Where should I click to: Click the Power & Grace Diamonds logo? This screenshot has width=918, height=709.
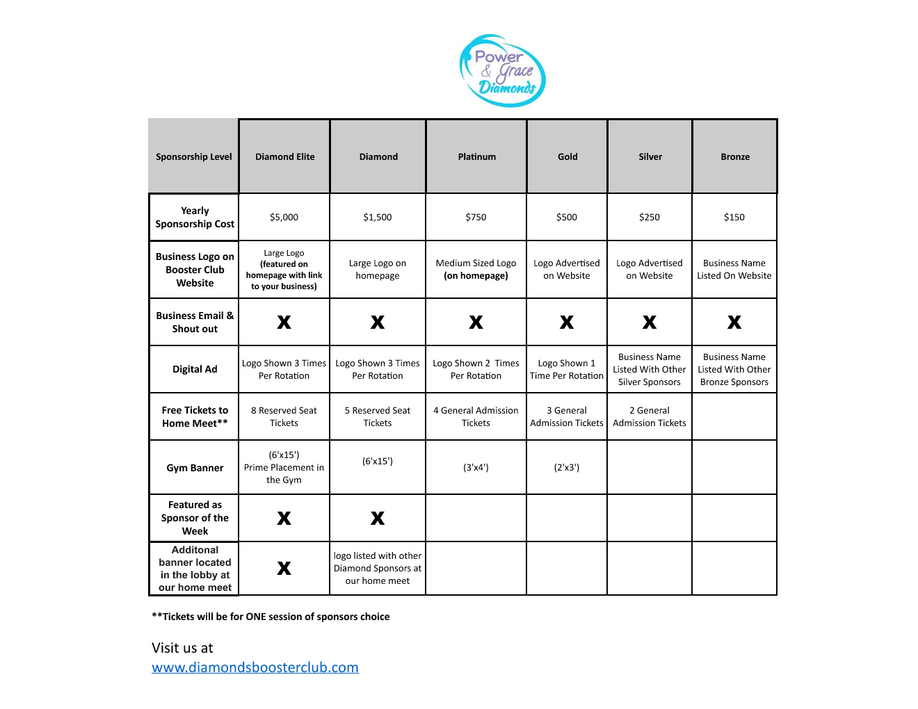(502, 71)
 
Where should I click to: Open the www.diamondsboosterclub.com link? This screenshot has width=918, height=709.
(255, 667)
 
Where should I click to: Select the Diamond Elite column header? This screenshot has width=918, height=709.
(284, 157)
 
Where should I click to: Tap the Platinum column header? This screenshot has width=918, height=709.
(476, 157)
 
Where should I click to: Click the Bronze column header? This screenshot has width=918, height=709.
(734, 157)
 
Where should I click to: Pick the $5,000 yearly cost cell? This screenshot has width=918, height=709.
(284, 218)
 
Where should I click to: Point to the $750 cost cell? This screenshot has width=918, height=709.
(476, 218)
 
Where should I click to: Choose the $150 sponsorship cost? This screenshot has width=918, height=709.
(734, 218)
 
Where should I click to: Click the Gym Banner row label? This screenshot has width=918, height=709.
(195, 468)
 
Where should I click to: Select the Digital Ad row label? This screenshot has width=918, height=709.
(195, 369)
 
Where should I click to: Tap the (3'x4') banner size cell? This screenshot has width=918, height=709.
(476, 468)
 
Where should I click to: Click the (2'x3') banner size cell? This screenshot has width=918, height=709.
(566, 468)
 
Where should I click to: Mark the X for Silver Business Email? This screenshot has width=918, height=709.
(650, 322)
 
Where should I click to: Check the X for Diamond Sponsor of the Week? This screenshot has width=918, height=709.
(378, 518)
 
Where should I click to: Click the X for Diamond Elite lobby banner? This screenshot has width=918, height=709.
(284, 568)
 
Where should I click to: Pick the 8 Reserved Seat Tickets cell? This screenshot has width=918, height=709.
(284, 416)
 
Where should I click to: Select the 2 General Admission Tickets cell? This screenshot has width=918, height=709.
(650, 416)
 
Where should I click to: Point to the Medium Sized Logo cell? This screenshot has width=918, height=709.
(476, 269)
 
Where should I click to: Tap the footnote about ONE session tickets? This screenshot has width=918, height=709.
(271, 617)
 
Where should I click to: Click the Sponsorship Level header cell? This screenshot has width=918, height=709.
(194, 157)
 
